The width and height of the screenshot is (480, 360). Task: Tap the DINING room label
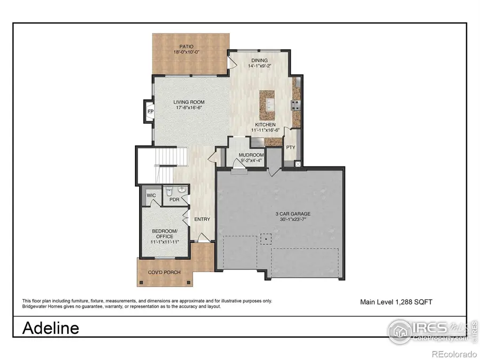point(259,60)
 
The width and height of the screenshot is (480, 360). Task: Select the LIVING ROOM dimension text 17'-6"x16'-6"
point(189,108)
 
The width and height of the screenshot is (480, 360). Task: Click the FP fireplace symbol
point(150,111)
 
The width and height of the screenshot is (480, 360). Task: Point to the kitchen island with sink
point(267,104)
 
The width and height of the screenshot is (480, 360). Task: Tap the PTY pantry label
point(291,147)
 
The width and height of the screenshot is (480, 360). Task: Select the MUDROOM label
point(244,155)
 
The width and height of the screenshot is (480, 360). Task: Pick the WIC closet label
point(151,196)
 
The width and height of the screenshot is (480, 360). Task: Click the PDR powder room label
point(173,200)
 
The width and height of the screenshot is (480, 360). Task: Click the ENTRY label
point(202,219)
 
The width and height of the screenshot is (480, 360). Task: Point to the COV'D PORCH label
point(164,273)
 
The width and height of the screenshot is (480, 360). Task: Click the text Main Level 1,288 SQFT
point(396,302)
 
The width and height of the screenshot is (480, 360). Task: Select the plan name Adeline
point(51,327)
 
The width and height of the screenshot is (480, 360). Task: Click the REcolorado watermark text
point(454,354)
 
